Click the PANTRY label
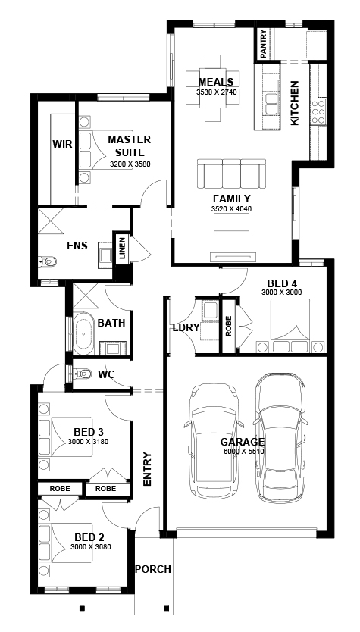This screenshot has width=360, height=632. [263, 44]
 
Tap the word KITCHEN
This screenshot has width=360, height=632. [295, 103]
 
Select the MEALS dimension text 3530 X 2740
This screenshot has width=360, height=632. [216, 92]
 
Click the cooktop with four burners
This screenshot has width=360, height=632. [318, 111]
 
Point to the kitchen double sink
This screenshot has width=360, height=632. [271, 97]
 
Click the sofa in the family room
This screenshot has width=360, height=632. [232, 174]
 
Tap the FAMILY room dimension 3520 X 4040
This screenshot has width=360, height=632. [231, 209]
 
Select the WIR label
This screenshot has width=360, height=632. [62, 144]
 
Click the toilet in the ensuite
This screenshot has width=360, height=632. [48, 262]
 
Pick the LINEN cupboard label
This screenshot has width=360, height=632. [122, 249]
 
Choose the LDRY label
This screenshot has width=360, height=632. [186, 327]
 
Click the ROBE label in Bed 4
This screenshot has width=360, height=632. [229, 326]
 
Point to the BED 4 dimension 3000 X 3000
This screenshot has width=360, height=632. [282, 293]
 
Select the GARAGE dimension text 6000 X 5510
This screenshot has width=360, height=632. [244, 452]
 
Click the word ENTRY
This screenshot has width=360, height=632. [147, 469]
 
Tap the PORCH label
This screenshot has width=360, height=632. [153, 569]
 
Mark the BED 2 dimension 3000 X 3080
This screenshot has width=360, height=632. [91, 547]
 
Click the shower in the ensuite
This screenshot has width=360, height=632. [52, 221]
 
